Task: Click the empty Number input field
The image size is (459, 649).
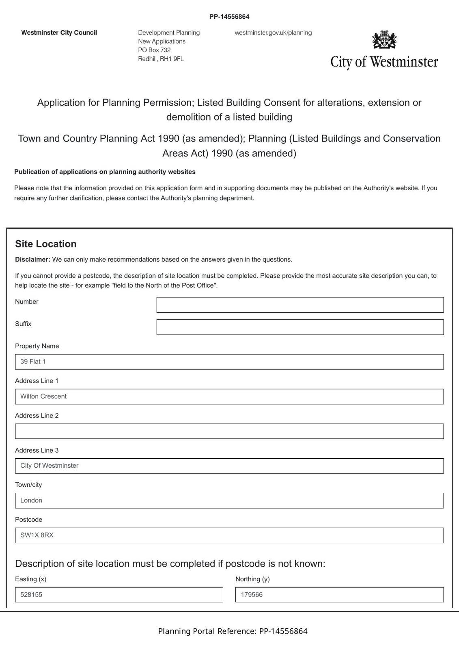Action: click(300, 305)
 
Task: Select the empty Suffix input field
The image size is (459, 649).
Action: click(300, 327)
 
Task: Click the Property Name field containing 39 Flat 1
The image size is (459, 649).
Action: click(229, 362)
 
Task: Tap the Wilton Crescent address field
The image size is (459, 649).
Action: click(229, 397)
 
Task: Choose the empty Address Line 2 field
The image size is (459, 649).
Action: click(229, 431)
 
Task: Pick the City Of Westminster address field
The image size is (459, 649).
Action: click(229, 466)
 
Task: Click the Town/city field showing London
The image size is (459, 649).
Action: click(229, 501)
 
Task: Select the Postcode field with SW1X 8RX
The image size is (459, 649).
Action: click(229, 535)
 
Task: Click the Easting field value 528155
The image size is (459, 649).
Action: click(119, 595)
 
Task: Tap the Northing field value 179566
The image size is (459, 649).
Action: click(339, 595)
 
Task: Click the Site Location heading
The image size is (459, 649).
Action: click(46, 244)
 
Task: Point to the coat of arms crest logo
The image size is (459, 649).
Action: click(384, 40)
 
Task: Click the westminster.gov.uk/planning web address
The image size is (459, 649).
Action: click(273, 33)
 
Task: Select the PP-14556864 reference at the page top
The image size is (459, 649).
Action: click(229, 17)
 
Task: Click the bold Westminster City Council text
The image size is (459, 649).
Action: click(59, 33)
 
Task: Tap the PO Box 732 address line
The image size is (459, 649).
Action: click(154, 50)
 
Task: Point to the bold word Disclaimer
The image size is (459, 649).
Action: click(32, 260)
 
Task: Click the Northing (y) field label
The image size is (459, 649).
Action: click(252, 579)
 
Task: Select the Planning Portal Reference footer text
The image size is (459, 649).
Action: click(233, 631)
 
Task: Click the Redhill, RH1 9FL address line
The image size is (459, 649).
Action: click(161, 59)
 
